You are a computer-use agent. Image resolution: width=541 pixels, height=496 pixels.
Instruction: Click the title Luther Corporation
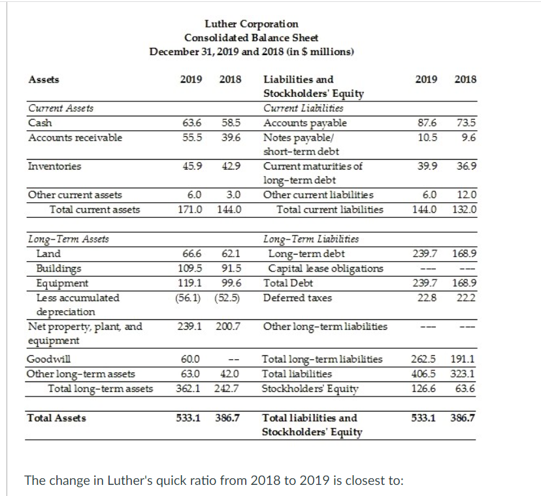[x=252, y=24]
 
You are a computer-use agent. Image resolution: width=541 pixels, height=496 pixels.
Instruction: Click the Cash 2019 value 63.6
[x=190, y=123]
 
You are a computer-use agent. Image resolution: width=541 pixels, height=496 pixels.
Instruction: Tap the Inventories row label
[x=54, y=166]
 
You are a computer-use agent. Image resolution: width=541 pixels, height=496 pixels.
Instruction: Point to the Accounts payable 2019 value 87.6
[x=425, y=123]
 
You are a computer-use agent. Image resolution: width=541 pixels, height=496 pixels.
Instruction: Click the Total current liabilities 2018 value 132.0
[x=464, y=209]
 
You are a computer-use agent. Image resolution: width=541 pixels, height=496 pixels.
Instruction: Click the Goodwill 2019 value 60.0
[x=189, y=359]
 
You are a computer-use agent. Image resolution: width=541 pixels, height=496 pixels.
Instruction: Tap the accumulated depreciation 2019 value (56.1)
[x=189, y=298]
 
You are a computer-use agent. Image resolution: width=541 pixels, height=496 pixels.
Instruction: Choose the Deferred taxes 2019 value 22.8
[x=425, y=298]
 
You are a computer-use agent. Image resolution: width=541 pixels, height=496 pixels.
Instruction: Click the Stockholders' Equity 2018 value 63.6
[x=464, y=388]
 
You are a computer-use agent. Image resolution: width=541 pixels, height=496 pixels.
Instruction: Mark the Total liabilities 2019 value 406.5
[x=425, y=374]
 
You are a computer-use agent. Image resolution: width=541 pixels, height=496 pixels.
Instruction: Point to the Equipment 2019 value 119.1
[x=189, y=283]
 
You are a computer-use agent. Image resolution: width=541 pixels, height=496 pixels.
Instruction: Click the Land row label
[x=48, y=254]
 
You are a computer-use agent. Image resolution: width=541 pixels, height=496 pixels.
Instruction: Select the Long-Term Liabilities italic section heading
[x=310, y=239]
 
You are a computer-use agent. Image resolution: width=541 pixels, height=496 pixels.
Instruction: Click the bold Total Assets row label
[x=56, y=417]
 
